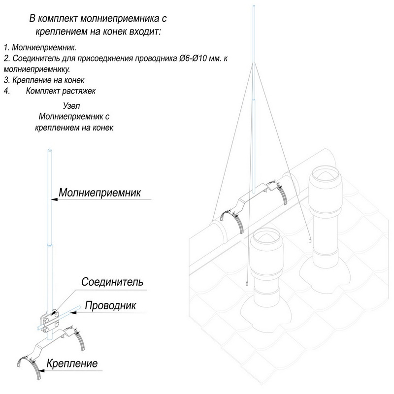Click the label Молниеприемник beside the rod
click(99, 192)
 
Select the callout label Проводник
click(110, 305)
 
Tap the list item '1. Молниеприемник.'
click(35, 48)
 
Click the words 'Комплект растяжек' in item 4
click(63, 91)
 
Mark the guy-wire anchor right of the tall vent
click(310, 240)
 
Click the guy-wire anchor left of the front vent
click(246, 284)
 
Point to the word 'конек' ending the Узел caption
click(102, 127)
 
